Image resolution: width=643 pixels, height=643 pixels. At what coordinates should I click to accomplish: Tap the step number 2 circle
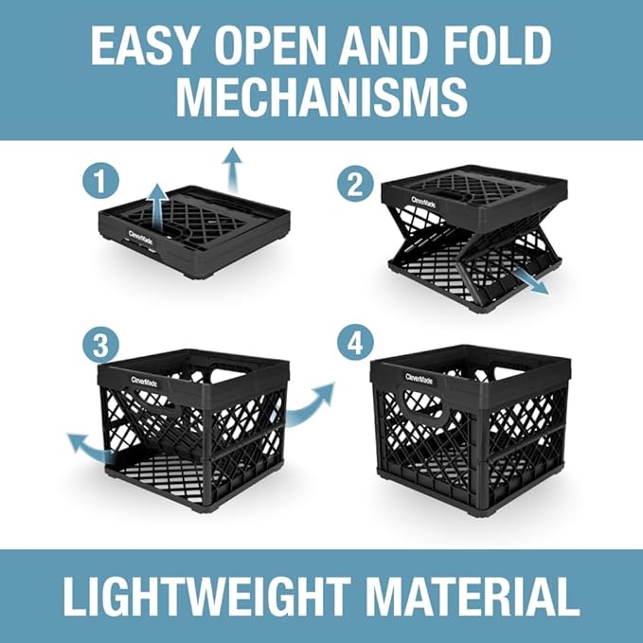click(355, 182)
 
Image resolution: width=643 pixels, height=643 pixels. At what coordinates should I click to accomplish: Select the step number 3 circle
click(98, 345)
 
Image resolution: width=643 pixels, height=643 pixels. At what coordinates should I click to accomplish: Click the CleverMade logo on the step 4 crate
click(421, 377)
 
